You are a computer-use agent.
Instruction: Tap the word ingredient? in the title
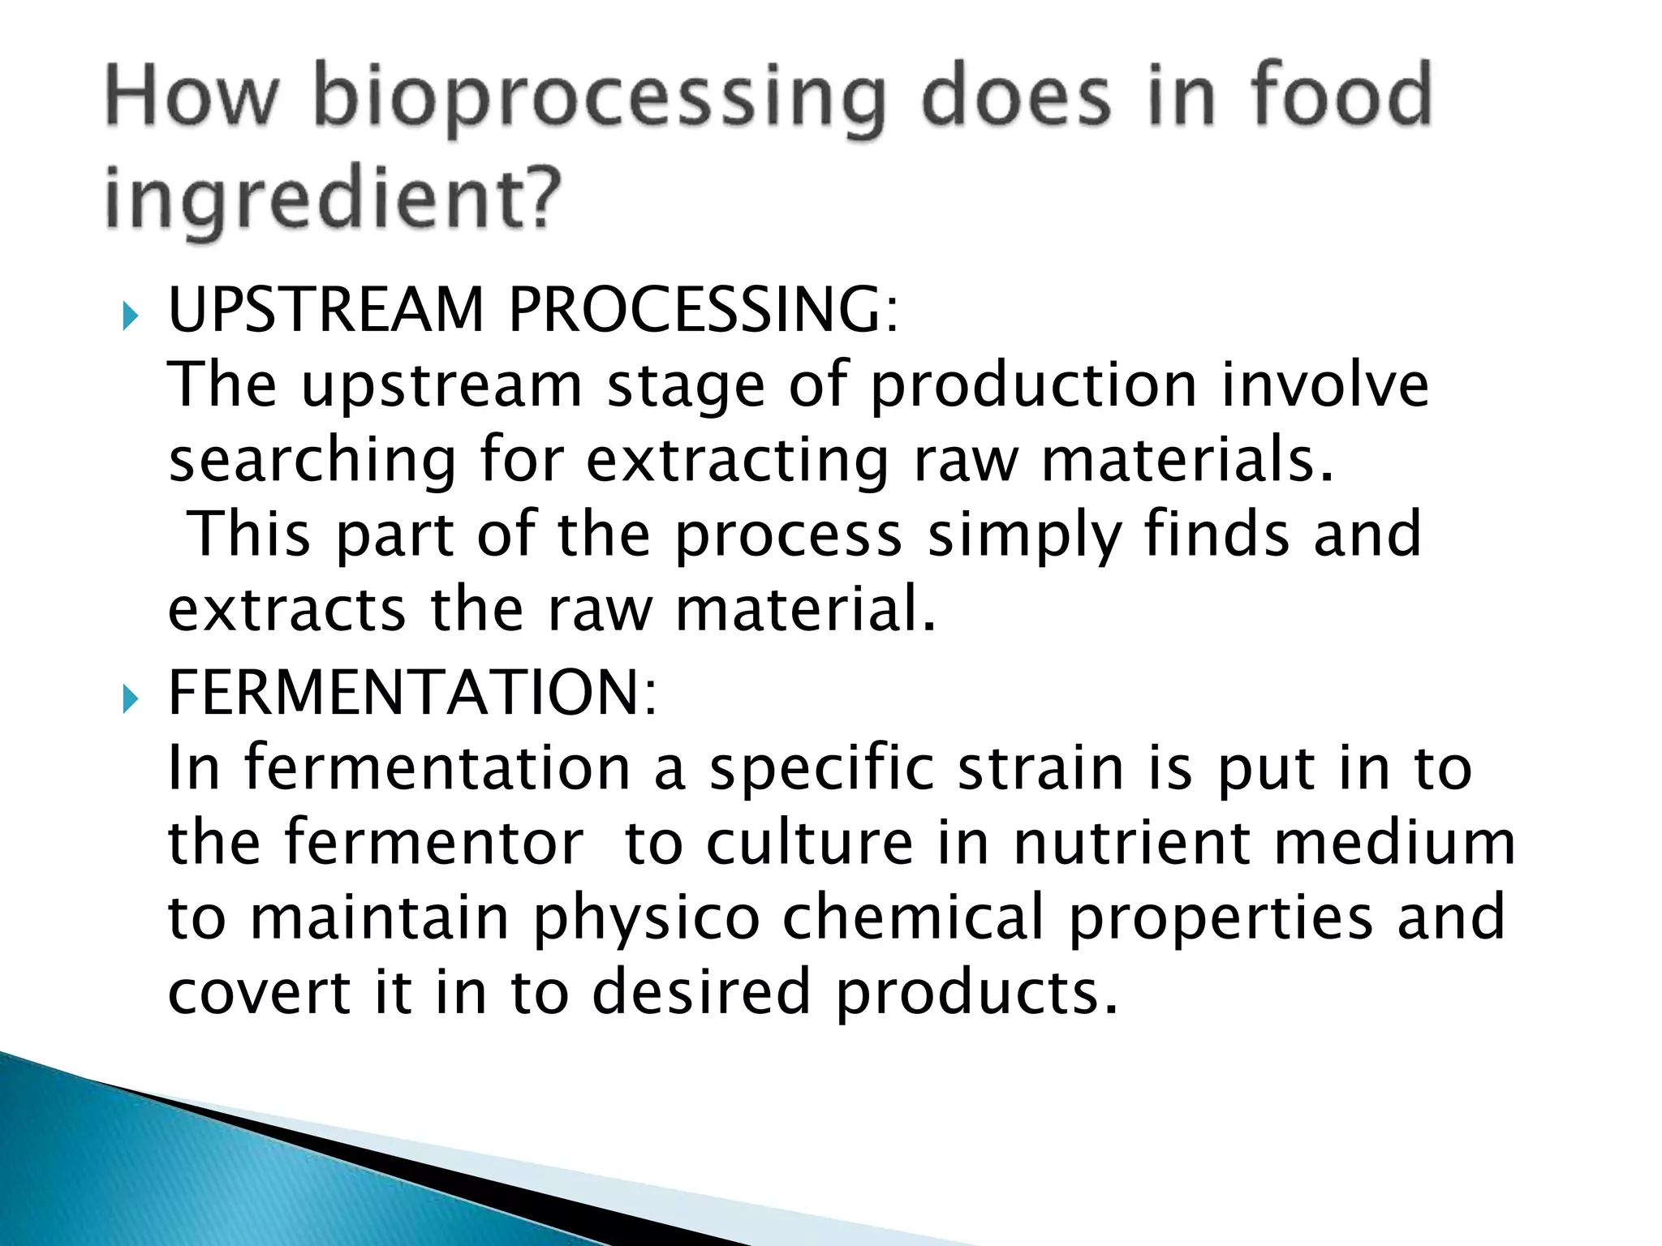333,200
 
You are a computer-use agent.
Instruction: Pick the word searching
312,462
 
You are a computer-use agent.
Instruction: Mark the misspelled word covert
259,992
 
